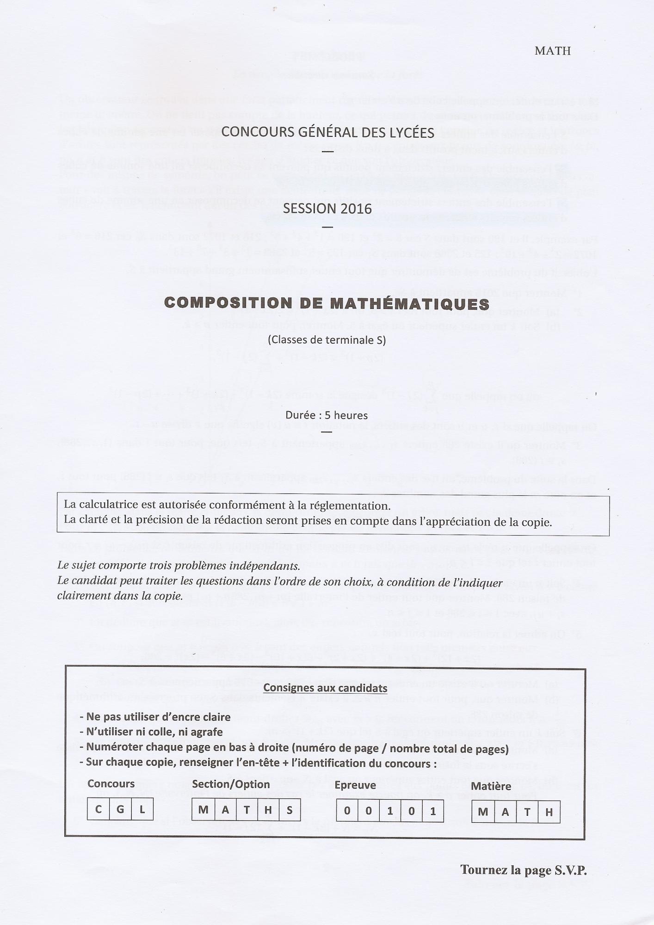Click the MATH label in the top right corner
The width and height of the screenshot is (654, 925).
point(552,51)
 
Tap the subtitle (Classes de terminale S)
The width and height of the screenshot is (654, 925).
point(327,340)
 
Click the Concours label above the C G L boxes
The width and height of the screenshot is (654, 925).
point(111,783)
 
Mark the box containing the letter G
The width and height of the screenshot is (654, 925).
point(120,809)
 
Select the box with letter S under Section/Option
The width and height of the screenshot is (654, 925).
point(290,810)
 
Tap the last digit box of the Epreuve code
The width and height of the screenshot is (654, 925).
point(433,811)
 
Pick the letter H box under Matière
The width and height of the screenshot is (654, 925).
point(549,812)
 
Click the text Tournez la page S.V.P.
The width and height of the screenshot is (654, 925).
point(523,870)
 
